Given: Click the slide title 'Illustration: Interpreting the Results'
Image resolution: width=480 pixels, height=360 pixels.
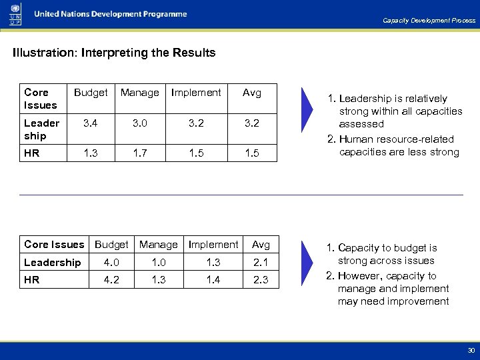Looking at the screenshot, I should coord(114,53).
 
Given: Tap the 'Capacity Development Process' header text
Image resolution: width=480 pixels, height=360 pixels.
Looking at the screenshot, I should coord(429,21).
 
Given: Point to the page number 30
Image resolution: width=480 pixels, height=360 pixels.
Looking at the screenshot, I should coord(471,350).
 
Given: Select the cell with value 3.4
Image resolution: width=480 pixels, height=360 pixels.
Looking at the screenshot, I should coord(91,123).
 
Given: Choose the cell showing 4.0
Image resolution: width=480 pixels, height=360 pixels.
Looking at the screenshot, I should coord(112,263).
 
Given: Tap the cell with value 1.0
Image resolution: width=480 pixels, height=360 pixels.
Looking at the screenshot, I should coord(159,263).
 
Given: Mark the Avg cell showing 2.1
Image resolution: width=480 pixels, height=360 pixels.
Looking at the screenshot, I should coord(261,263).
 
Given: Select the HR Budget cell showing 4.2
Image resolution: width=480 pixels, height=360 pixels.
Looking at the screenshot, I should coord(112,280).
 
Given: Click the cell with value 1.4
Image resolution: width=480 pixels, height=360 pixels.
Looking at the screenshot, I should coord(213,280).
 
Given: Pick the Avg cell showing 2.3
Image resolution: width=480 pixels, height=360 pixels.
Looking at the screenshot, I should coord(261,280).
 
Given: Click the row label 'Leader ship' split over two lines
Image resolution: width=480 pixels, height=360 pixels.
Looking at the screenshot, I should coord(41,129).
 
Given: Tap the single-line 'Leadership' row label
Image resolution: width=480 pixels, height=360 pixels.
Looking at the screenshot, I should coord(52,263).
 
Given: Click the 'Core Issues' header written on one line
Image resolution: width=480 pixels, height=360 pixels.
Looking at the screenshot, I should coord(54,245).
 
